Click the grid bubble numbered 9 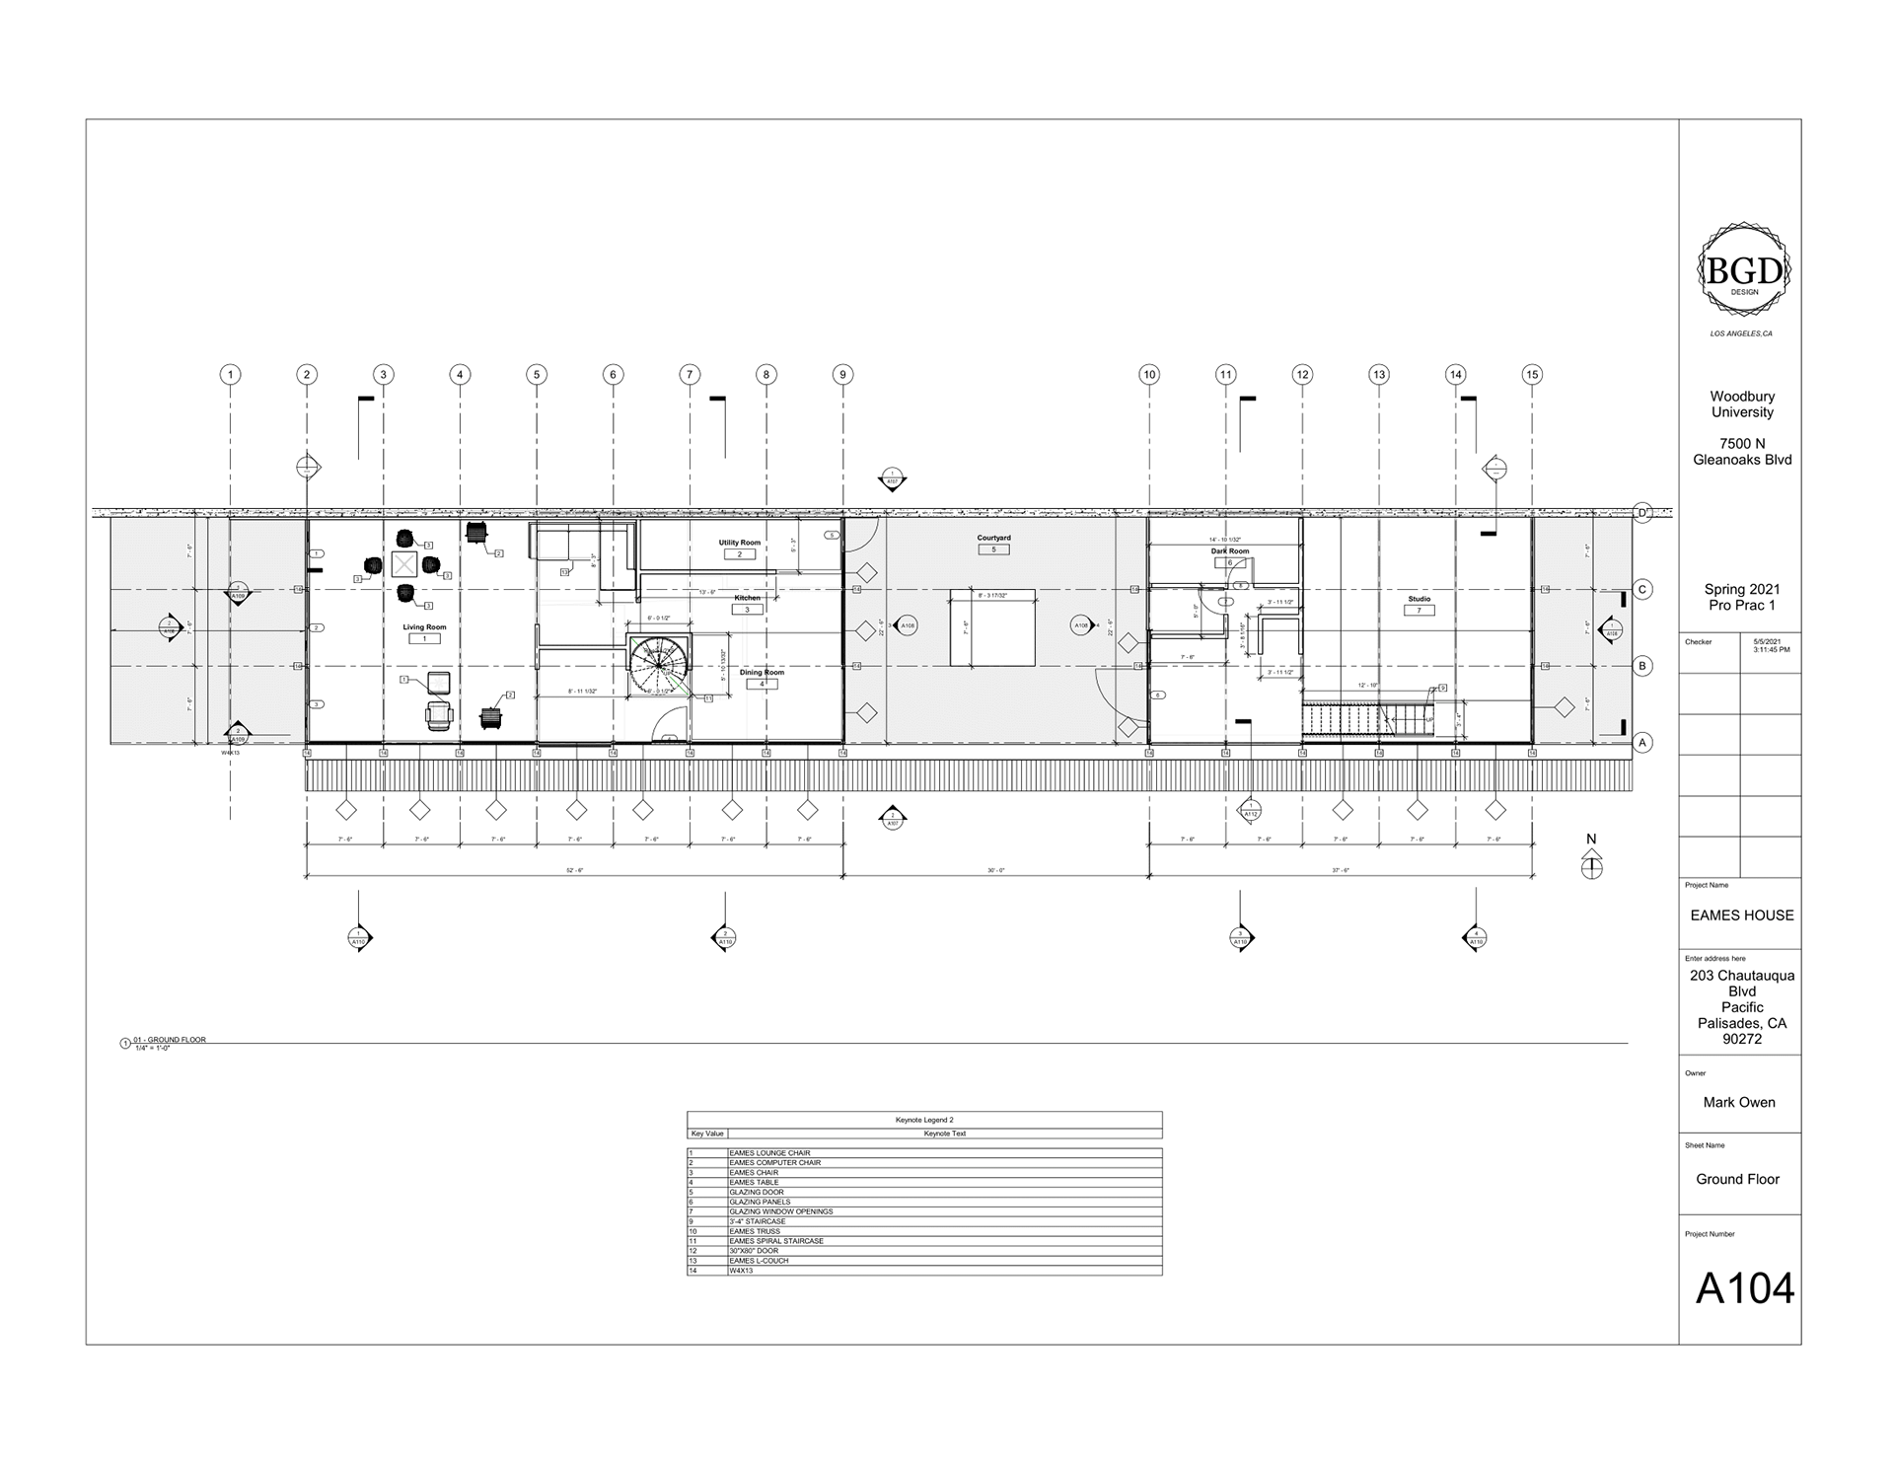[842, 374]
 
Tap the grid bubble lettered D [1642, 512]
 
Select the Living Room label [424, 627]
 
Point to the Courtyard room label [993, 538]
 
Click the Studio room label [1419, 599]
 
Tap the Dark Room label [1230, 551]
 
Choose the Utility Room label [739, 543]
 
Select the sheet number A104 [1744, 1288]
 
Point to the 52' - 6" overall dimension [574, 871]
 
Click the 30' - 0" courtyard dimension [995, 871]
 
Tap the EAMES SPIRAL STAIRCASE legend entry [775, 1241]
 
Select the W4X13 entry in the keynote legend [741, 1271]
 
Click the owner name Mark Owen [1738, 1102]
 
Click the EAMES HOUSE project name [1741, 915]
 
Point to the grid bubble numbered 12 [1302, 374]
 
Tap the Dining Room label [762, 673]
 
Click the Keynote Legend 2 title [923, 1120]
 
